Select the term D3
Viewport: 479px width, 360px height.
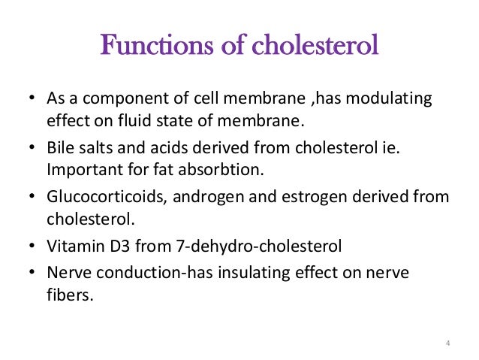click(116, 247)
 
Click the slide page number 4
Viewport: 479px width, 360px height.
click(447, 344)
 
